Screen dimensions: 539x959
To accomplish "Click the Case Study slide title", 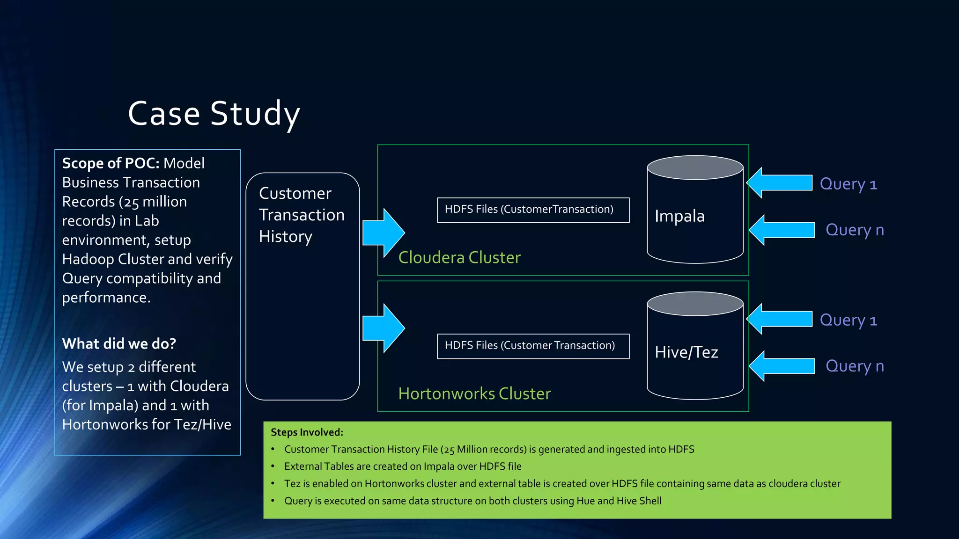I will [214, 114].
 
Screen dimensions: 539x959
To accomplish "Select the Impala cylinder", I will [695, 215].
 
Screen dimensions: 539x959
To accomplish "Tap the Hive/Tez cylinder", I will [695, 351].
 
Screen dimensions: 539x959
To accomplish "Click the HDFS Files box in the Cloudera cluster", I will [533, 210].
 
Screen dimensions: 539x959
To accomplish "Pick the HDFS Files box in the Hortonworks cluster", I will [533, 346].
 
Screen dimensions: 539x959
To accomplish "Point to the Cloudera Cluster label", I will [459, 257].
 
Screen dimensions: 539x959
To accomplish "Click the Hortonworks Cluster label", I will [474, 393].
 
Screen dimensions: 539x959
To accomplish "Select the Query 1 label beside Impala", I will [848, 184].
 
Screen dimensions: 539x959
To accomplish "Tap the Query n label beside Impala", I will [855, 230].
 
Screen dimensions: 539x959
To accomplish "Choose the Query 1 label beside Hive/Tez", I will [848, 320].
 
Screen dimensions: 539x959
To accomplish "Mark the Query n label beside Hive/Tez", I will [855, 366].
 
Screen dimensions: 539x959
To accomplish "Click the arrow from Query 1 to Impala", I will [780, 182].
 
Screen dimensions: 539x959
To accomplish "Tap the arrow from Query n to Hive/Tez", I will [782, 366].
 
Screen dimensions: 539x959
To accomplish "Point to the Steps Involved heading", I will [307, 432].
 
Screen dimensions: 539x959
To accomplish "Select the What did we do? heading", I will [119, 344].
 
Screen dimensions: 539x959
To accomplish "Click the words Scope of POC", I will [111, 163].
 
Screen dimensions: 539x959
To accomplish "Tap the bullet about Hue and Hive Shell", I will [472, 501].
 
